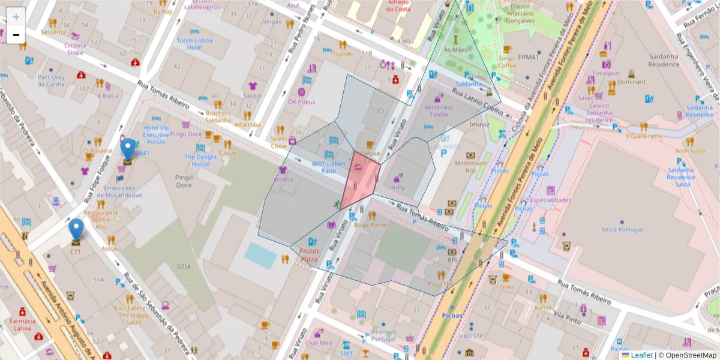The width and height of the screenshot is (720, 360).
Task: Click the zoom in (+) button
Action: coord(16,17)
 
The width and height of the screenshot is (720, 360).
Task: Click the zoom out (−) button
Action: coord(16,35)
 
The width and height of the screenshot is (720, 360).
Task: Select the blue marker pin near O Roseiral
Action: coord(128,150)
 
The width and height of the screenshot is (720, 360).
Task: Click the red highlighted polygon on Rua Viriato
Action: coord(360,180)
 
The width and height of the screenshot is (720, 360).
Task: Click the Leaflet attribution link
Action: coord(641,355)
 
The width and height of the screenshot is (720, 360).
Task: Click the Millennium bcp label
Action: coord(471,167)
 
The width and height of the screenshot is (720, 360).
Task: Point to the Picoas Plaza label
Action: coord(308,255)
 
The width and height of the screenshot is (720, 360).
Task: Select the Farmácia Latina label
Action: coord(23,325)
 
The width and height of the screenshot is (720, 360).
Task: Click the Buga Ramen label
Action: coord(372,225)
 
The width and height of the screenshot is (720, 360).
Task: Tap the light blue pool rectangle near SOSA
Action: coord(260,255)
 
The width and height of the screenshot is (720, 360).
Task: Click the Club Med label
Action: coord(318,343)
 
